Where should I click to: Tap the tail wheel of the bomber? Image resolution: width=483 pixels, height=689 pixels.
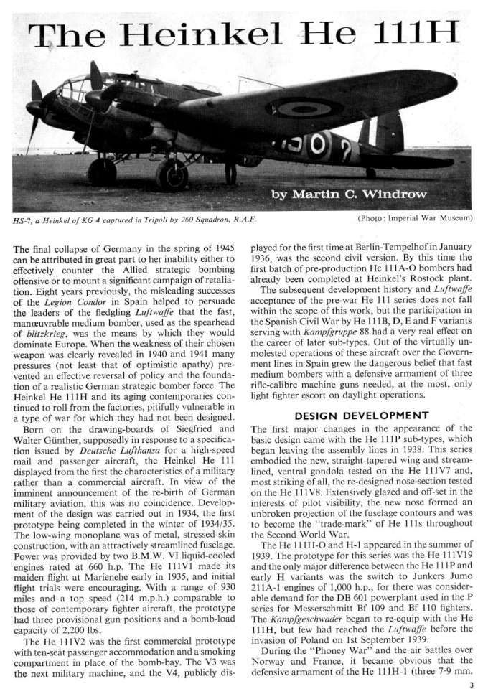370,173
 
